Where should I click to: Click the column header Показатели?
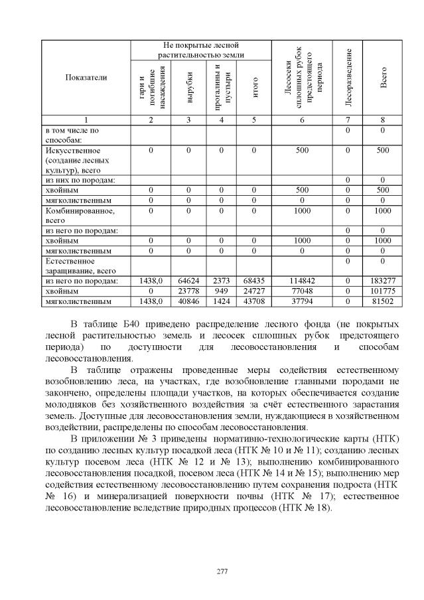click(86, 78)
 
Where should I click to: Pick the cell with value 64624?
click(189, 281)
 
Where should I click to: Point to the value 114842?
click(302, 281)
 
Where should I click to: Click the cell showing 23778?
click(189, 291)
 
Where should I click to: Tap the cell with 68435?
click(254, 281)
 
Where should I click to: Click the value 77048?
click(302, 291)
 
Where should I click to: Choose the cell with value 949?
click(222, 291)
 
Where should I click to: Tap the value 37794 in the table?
click(302, 301)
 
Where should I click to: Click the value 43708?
click(254, 301)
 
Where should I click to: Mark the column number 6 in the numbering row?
click(302, 119)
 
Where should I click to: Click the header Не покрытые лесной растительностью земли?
click(200, 50)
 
